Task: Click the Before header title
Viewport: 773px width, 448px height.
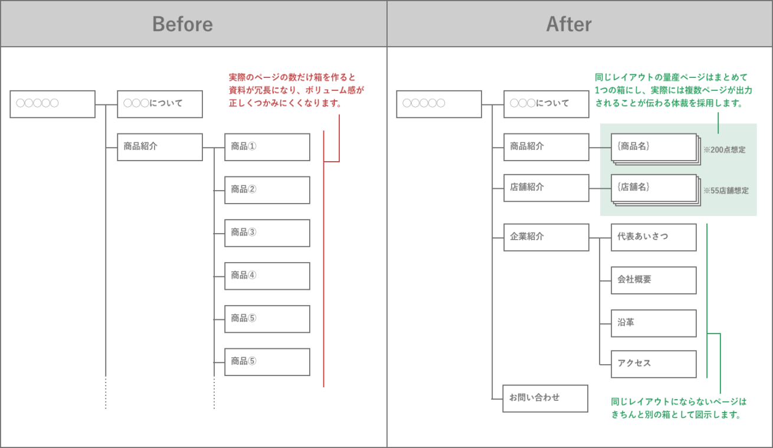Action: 182,24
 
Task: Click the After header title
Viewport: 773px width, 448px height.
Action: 569,24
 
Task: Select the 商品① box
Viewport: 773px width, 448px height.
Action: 267,147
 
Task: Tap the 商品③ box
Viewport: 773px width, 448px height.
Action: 267,233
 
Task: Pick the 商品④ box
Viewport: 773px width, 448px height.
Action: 267,276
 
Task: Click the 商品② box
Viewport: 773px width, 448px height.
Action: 267,190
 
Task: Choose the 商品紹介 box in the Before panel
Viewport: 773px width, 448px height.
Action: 160,147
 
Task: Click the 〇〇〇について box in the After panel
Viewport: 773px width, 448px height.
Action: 546,104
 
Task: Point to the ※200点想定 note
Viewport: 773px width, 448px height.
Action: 724,150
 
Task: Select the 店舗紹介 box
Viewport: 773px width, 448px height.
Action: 546,188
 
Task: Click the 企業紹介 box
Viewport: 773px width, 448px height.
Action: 546,237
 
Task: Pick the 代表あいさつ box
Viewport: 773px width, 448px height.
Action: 653,237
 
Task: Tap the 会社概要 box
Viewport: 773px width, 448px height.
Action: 653,280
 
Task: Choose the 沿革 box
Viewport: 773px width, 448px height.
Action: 653,323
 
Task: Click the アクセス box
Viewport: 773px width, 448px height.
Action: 653,364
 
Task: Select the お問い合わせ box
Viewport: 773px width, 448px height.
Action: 545,398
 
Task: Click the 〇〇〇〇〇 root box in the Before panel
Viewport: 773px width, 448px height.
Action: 53,104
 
